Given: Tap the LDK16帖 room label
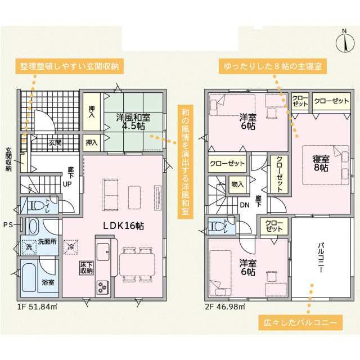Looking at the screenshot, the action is (x=123, y=226).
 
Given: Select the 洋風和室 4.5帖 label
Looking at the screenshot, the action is (x=133, y=121).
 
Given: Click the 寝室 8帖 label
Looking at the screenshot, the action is (x=321, y=163).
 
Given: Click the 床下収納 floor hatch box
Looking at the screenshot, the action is (x=87, y=268).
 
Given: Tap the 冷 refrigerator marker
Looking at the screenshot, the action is (x=71, y=247).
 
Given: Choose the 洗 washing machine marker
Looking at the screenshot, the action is (x=29, y=247).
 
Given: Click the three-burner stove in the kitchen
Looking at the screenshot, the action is (x=102, y=287).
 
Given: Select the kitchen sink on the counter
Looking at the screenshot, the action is (x=103, y=252).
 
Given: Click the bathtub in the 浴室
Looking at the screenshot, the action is (x=29, y=277).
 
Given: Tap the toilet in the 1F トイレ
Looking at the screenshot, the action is (x=34, y=205).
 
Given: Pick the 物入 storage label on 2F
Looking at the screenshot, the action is (x=237, y=184).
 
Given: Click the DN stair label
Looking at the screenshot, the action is (x=245, y=205).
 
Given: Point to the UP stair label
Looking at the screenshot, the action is (x=67, y=184).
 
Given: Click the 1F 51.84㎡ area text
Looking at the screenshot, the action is (x=37, y=307).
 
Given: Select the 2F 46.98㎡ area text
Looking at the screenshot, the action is (x=225, y=307).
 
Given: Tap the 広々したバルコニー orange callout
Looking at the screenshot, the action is (x=300, y=322).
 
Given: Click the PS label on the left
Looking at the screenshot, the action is (x=8, y=225).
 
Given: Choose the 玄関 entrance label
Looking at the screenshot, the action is (x=55, y=142).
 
